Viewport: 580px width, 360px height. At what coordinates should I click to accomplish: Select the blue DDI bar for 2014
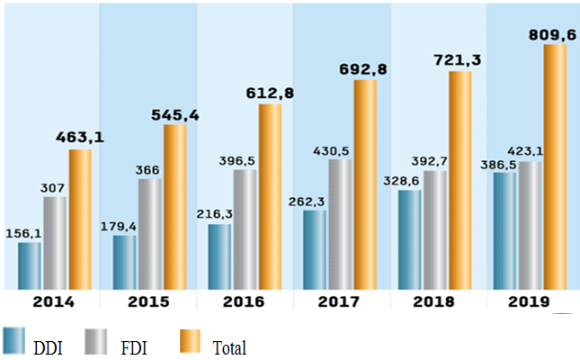(30, 265)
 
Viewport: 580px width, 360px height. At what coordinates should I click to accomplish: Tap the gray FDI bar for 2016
(245, 229)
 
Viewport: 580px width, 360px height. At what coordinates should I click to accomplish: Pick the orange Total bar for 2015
(175, 207)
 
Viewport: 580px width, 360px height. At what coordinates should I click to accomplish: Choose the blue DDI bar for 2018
(410, 239)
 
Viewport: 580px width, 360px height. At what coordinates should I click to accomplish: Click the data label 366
(148, 169)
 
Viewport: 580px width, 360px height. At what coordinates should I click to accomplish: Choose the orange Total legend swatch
(193, 341)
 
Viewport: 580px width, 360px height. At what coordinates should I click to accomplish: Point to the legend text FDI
(135, 346)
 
